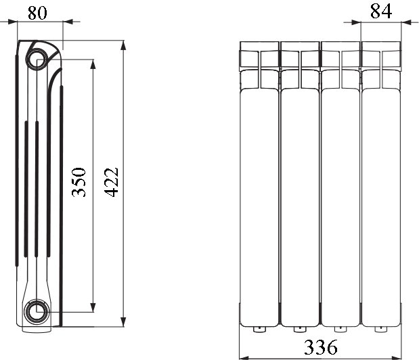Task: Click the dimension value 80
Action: click(37, 13)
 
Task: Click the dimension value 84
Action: click(381, 12)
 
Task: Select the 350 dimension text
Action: click(79, 182)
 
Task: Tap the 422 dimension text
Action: click(111, 182)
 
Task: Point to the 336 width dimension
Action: click(321, 347)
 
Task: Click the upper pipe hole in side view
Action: click(38, 59)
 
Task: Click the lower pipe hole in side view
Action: click(37, 311)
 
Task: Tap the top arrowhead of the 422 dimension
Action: click(123, 45)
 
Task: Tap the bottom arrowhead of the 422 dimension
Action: click(123, 321)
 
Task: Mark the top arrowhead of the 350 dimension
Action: click(93, 64)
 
